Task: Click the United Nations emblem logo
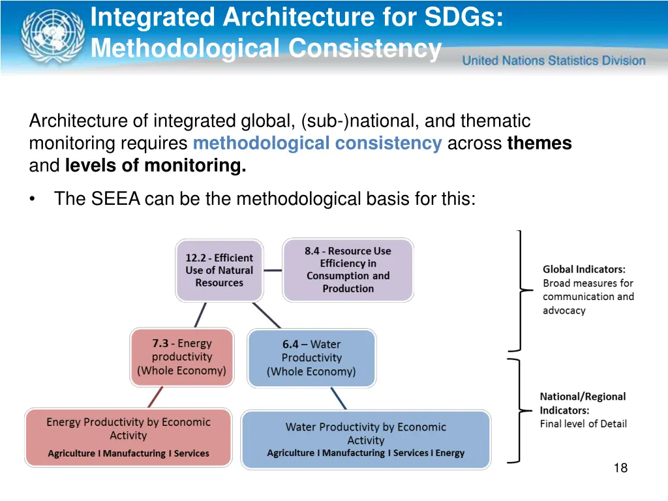[52, 36]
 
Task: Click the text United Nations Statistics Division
[554, 61]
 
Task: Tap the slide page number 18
[620, 468]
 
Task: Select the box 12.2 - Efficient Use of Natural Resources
[219, 270]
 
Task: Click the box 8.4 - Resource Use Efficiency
[348, 269]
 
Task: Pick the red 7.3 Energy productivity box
[181, 357]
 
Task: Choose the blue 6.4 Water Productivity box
[311, 358]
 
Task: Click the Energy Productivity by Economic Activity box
[129, 437]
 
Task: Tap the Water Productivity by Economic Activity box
[365, 439]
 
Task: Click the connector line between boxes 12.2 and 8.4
[273, 270]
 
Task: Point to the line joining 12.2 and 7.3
[200, 315]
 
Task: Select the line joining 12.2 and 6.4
[266, 315]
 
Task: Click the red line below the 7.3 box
[155, 397]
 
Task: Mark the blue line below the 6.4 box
[338, 399]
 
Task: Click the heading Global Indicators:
[584, 269]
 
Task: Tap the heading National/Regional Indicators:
[583, 403]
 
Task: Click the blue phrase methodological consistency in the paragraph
[317, 144]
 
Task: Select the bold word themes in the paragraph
[539, 144]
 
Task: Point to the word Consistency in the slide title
[365, 48]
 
